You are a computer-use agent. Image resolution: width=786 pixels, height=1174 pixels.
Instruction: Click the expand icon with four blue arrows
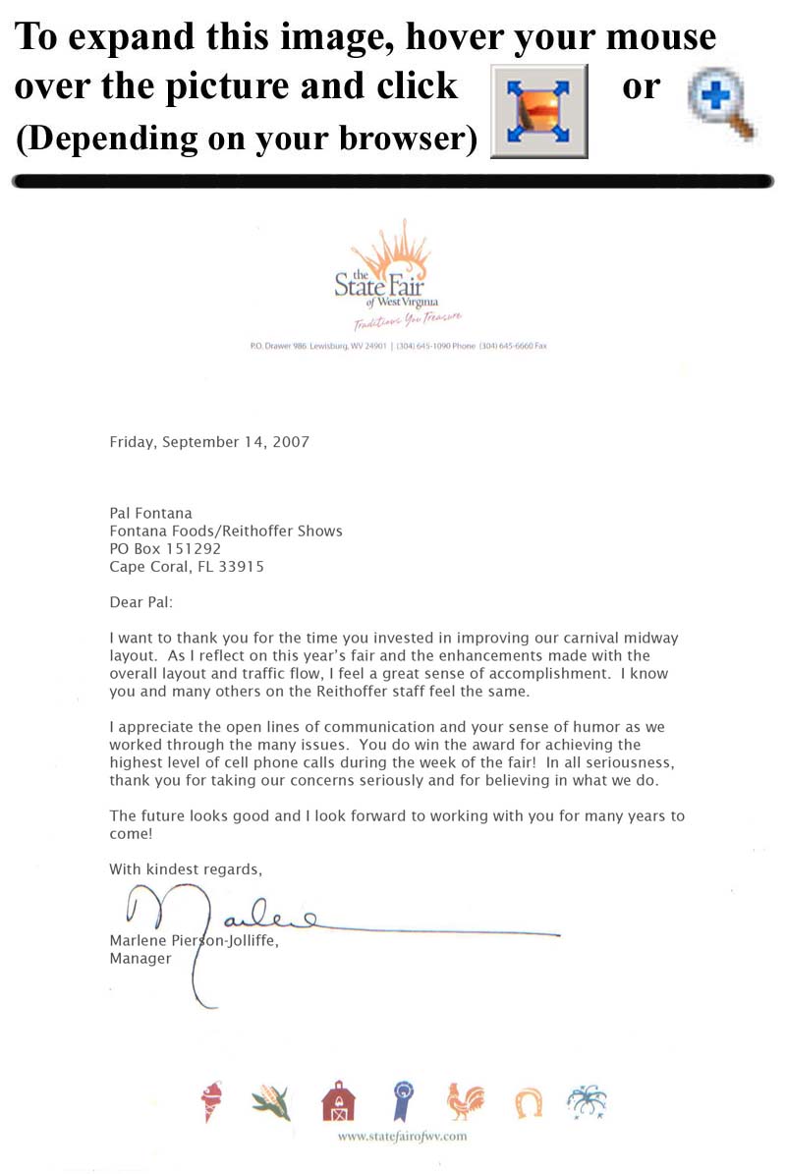pyautogui.click(x=538, y=111)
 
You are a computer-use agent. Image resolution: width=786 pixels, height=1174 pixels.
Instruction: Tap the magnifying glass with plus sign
pyautogui.click(x=720, y=105)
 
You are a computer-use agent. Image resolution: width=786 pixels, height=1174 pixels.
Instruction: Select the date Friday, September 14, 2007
pyautogui.click(x=209, y=442)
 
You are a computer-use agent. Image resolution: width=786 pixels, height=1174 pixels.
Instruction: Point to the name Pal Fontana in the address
pyautogui.click(x=150, y=513)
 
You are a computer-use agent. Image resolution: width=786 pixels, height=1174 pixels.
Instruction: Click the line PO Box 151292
pyautogui.click(x=165, y=548)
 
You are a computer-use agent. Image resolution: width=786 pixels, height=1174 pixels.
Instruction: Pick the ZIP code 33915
pyautogui.click(x=243, y=567)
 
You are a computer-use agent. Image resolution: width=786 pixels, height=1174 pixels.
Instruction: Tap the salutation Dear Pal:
pyautogui.click(x=140, y=601)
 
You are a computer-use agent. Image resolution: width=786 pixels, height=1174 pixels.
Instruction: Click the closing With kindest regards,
pyautogui.click(x=186, y=868)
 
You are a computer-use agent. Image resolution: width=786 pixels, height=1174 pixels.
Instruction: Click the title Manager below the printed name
pyautogui.click(x=140, y=959)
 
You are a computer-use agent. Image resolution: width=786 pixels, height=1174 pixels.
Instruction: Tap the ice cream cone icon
pyautogui.click(x=211, y=1101)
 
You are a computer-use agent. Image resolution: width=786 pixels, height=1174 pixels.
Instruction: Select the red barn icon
pyautogui.click(x=338, y=1101)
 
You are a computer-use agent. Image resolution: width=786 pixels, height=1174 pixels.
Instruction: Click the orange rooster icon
pyautogui.click(x=465, y=1101)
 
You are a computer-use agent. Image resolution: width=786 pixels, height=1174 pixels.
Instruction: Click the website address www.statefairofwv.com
pyautogui.click(x=402, y=1137)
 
